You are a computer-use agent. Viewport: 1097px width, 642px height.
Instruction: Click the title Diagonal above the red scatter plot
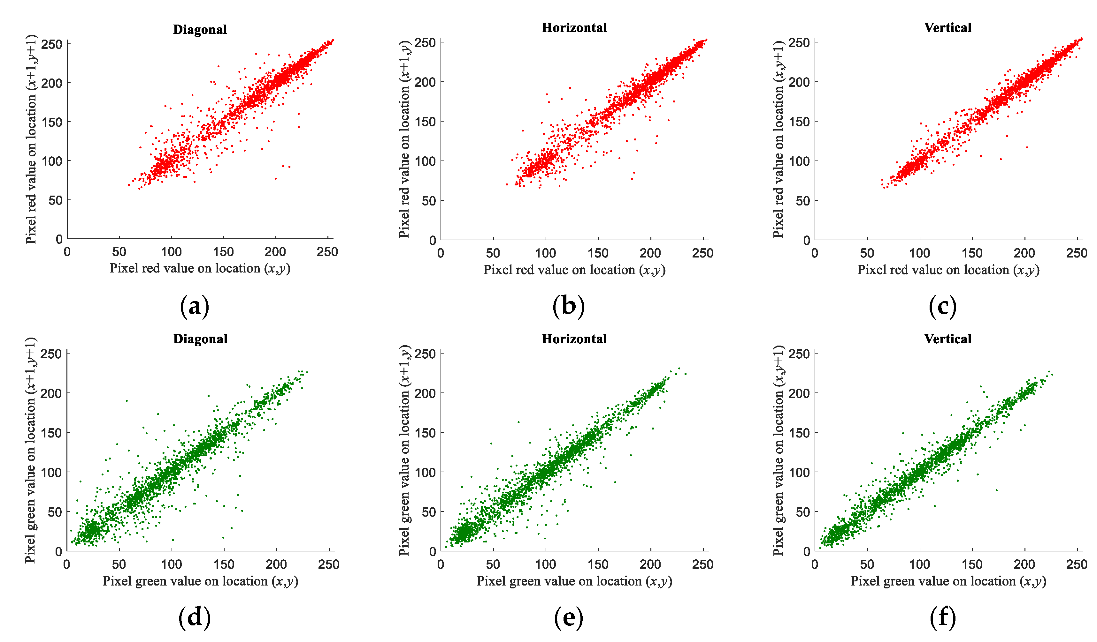(x=200, y=30)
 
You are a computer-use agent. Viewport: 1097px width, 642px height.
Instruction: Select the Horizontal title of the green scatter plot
(x=574, y=339)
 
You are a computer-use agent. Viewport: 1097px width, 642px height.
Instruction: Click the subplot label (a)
(x=194, y=306)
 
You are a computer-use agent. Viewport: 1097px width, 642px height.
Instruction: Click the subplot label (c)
(x=942, y=306)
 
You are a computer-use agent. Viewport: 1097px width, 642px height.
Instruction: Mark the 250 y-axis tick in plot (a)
(x=52, y=44)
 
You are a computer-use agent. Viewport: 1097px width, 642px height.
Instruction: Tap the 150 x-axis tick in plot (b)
(x=598, y=253)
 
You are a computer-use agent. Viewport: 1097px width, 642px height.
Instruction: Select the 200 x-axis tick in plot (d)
(x=276, y=564)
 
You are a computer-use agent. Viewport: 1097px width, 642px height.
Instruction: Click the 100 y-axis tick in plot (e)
(x=425, y=472)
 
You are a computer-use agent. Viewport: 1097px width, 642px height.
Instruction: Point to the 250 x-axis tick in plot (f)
(x=1077, y=564)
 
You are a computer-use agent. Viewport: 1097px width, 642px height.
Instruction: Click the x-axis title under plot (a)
(x=200, y=268)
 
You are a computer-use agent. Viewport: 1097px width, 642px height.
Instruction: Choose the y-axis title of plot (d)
(x=30, y=450)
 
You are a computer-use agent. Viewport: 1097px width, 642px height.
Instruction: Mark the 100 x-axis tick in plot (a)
(x=171, y=252)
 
